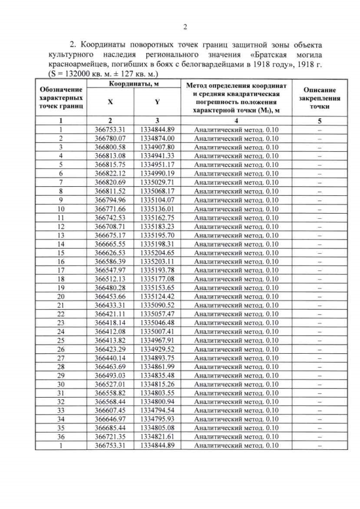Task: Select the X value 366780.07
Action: click(x=110, y=138)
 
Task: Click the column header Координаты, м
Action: click(x=134, y=83)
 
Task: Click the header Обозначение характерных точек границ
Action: click(x=60, y=97)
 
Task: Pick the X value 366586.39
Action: click(x=110, y=262)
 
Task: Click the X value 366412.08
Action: click(x=110, y=332)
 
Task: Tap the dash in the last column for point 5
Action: click(x=319, y=164)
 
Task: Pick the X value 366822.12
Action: click(x=110, y=173)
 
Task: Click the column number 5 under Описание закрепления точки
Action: click(x=319, y=120)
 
